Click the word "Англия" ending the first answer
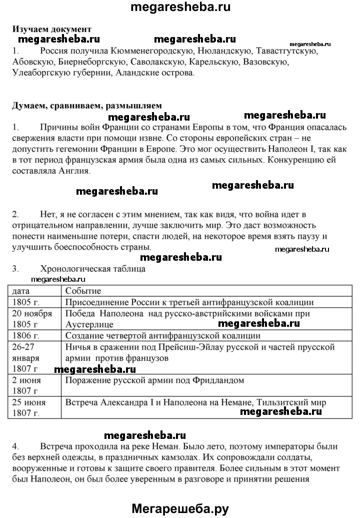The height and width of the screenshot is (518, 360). [76, 171]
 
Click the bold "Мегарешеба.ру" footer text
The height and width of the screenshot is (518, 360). [180, 508]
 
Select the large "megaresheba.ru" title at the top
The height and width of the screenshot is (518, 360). [180, 7]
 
